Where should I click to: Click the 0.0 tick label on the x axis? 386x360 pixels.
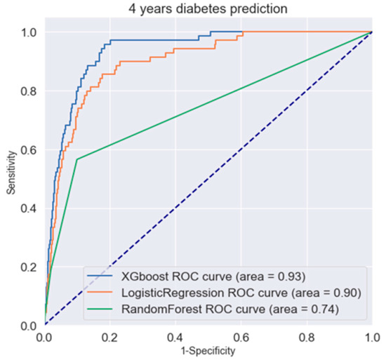coord(45,335)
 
